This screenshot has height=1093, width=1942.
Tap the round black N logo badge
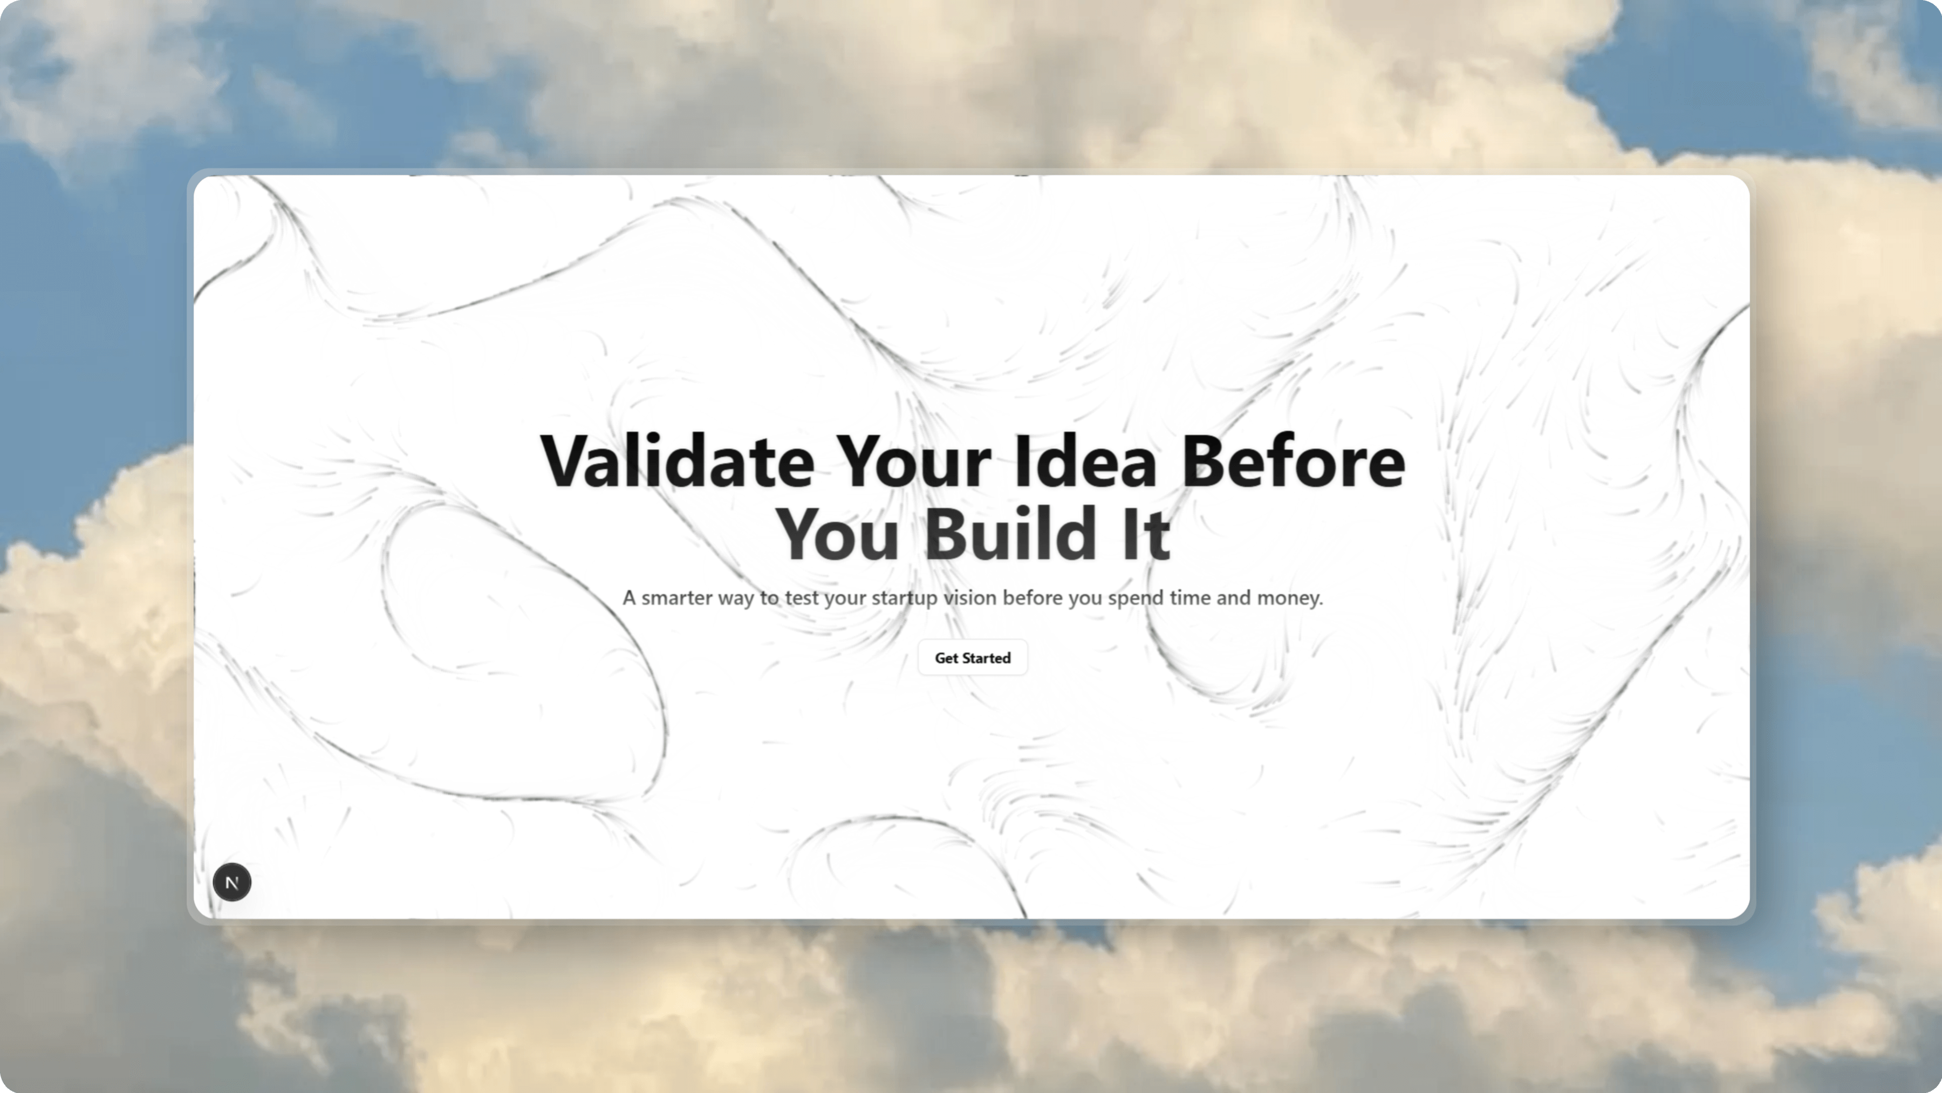232,882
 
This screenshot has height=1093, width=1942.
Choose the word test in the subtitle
802,598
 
